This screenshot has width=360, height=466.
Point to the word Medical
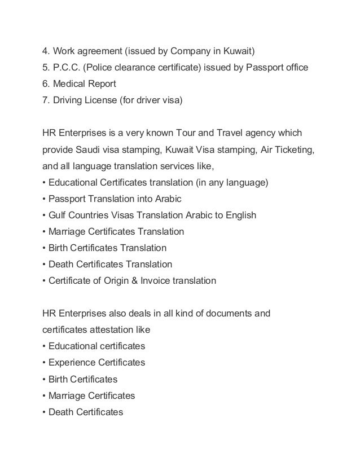[x=69, y=84]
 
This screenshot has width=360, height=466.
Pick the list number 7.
[x=45, y=100]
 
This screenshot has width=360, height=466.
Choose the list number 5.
[x=45, y=68]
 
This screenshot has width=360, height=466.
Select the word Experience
[x=72, y=362]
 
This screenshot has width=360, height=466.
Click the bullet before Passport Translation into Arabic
[x=45, y=199]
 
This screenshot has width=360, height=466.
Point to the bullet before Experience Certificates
[x=45, y=362]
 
